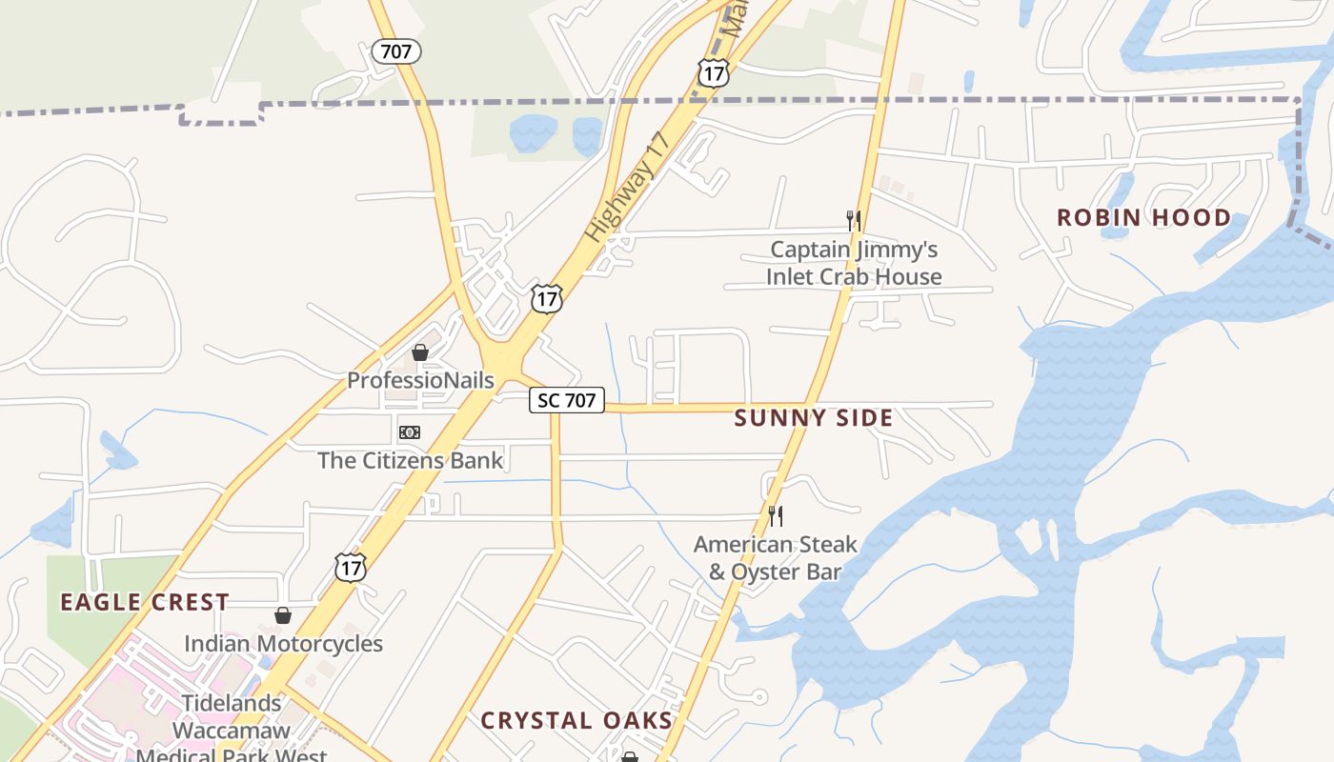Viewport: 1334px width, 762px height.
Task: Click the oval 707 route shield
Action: tap(395, 51)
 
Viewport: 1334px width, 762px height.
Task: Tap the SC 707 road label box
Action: tap(567, 400)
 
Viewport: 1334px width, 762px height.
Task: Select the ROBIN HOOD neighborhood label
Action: tap(1143, 218)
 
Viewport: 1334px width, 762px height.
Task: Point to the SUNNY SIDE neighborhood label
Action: tap(814, 418)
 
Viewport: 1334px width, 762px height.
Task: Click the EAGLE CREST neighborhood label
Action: tap(145, 602)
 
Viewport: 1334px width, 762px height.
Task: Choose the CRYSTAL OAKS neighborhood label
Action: tap(576, 720)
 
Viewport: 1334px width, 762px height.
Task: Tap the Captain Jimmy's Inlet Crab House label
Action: tap(854, 264)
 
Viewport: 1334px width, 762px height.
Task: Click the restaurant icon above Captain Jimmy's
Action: tap(854, 221)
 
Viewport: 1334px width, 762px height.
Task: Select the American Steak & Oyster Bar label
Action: tap(776, 558)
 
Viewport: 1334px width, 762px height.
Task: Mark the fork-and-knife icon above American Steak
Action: tap(776, 516)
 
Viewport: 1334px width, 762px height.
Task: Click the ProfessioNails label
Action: tap(420, 381)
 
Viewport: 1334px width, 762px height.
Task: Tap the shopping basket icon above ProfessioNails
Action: tap(420, 352)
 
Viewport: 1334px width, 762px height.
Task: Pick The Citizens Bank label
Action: tap(410, 461)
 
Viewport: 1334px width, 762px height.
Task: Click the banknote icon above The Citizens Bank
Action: tap(410, 432)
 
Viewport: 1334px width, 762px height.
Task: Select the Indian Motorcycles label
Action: tap(283, 644)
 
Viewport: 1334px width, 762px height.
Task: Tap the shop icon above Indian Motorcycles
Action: tap(283, 615)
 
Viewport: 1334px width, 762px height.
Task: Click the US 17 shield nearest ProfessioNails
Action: tap(547, 299)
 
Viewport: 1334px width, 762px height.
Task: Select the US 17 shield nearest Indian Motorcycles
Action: tap(351, 568)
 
